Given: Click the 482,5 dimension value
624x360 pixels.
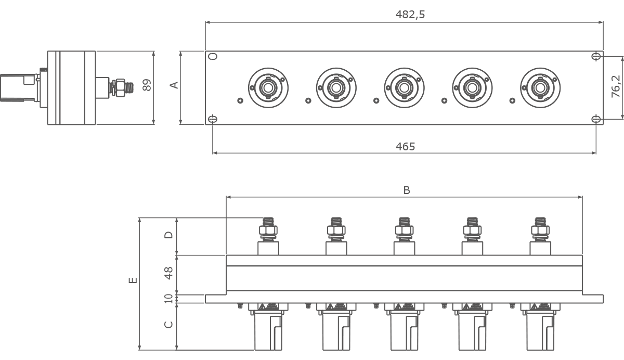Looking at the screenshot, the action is [x=410, y=15].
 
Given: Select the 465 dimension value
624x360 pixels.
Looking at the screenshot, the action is [x=405, y=146].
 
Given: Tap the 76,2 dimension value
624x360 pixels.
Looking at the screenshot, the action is [x=616, y=86].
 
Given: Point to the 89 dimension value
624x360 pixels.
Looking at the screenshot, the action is [x=147, y=85].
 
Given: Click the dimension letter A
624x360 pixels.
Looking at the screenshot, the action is [x=174, y=85].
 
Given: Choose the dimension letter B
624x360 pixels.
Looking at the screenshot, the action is [x=407, y=190].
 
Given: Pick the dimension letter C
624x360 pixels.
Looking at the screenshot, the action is [x=168, y=325].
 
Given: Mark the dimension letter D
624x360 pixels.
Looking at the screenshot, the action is [x=168, y=235].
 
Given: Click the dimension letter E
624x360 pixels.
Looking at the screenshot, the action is [x=133, y=280].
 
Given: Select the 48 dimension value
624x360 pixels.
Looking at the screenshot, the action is [x=168, y=273].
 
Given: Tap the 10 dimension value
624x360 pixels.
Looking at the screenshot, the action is [x=168, y=299].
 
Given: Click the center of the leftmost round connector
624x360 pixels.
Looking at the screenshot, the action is [x=268, y=88].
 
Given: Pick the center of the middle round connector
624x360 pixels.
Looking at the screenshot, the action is [x=404, y=88].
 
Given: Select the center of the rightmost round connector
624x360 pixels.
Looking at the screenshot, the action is [x=540, y=88].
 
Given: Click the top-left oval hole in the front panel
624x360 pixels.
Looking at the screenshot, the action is [x=213, y=56].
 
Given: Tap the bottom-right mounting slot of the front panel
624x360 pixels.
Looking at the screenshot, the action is [x=596, y=119].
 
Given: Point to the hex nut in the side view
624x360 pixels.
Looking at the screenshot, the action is [x=120, y=88].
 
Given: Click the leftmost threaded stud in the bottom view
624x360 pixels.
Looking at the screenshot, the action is [x=268, y=222].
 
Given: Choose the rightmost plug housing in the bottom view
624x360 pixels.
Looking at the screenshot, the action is [x=540, y=331].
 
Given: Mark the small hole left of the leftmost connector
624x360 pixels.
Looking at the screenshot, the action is [x=240, y=100].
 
